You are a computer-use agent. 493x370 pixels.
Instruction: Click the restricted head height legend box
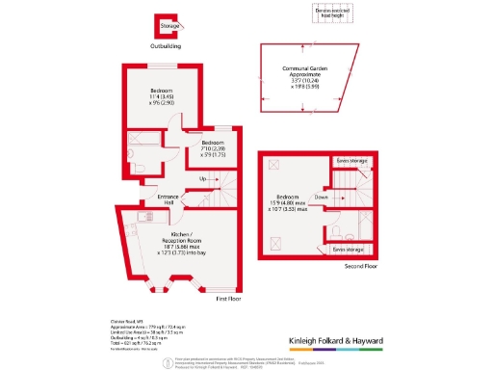329,12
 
